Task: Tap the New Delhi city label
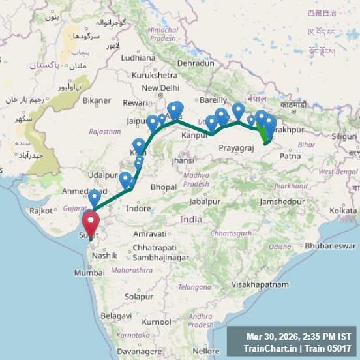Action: [160, 88]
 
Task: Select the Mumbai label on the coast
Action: [89, 273]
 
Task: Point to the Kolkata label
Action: [343, 211]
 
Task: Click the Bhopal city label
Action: [164, 187]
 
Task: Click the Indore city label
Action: [138, 209]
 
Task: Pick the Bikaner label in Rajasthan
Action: [97, 100]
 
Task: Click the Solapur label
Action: [138, 297]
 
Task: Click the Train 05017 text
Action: [333, 348]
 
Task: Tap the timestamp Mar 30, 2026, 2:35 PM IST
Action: [299, 337]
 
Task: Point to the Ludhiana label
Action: [138, 57]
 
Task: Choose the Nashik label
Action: [104, 256]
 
